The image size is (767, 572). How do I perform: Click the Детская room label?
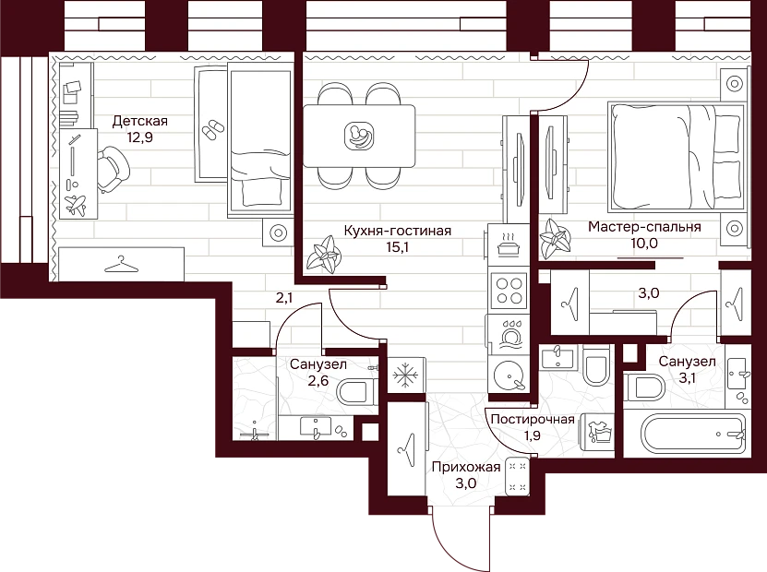(140, 121)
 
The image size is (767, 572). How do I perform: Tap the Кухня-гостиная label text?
(397, 231)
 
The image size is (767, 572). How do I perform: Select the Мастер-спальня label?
(644, 227)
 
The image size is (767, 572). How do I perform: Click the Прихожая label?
(466, 468)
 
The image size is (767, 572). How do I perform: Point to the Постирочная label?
(533, 420)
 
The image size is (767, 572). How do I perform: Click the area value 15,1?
(397, 247)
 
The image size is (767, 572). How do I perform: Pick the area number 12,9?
(140, 137)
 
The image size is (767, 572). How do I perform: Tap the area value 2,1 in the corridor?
(284, 297)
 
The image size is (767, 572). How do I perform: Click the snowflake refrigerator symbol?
(406, 375)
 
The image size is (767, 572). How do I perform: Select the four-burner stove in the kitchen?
(509, 291)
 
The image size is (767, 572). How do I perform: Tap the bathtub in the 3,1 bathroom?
(693, 435)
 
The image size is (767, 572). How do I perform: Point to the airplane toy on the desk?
(76, 205)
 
